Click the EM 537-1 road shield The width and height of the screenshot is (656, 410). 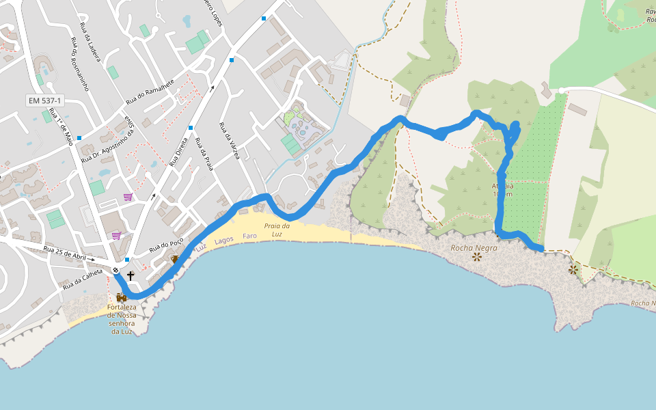(x=45, y=100)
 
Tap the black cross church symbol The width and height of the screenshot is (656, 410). (x=130, y=275)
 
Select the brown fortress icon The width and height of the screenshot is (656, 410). (x=122, y=297)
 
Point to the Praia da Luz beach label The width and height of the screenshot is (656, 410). (x=277, y=230)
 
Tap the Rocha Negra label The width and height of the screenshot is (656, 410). (x=474, y=248)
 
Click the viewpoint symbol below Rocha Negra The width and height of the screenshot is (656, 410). (x=476, y=258)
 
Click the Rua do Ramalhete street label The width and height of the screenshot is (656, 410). (x=150, y=92)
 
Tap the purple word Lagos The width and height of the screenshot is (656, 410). (x=223, y=241)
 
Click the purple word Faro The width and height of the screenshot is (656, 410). (x=249, y=236)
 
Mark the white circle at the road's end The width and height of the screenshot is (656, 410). (x=561, y=90)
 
